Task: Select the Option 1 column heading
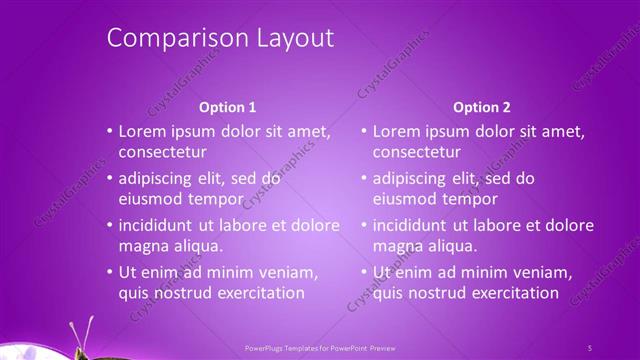coord(227,106)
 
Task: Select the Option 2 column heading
coord(481,106)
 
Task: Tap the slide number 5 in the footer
coord(589,348)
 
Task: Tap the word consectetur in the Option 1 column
coord(162,153)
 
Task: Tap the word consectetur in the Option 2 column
coord(417,153)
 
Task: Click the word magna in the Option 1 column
coord(142,246)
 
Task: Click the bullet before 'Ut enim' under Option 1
coord(108,272)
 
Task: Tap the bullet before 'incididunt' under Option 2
coord(363,225)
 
